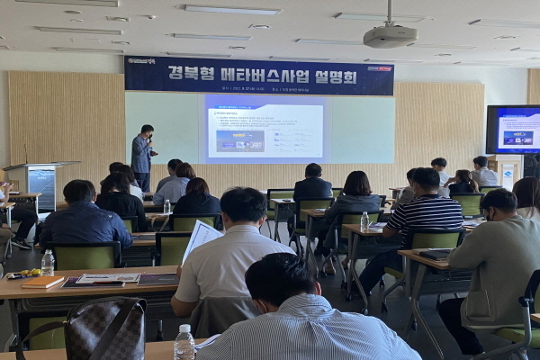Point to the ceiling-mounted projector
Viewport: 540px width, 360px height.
[x=390, y=35]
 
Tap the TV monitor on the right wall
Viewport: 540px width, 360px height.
[x=514, y=130]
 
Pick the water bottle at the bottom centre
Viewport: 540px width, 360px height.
[x=184, y=343]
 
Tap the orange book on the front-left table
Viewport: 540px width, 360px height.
[x=42, y=282]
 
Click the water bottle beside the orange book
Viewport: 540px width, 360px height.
[x=48, y=262]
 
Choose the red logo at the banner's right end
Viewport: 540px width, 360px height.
[x=379, y=67]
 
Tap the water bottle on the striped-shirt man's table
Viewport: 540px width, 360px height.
[x=364, y=220]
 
